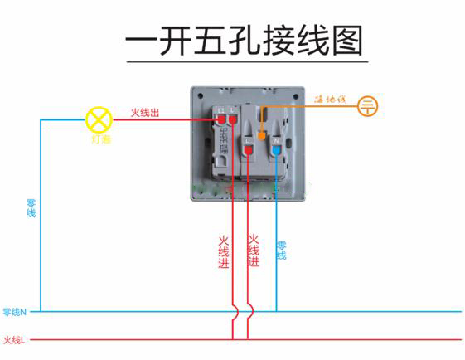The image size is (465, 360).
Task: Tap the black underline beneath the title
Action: click(x=245, y=61)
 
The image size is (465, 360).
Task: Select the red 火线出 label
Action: click(x=148, y=113)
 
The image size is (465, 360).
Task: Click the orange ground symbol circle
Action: click(x=367, y=105)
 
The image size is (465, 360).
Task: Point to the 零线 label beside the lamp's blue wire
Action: click(x=31, y=208)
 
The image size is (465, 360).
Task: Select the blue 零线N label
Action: click(x=15, y=312)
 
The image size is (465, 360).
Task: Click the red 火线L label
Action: click(x=14, y=339)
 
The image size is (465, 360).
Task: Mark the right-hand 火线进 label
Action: click(x=254, y=250)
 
